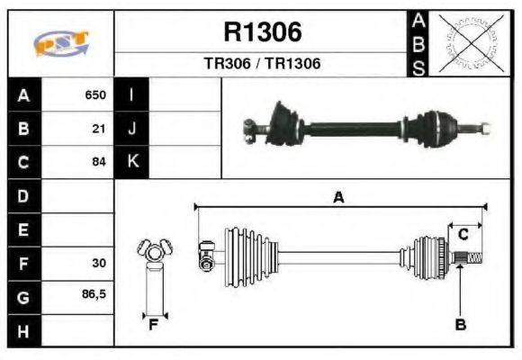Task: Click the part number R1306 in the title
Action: (x=262, y=32)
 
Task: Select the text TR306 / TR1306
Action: (x=262, y=65)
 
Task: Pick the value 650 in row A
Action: (x=95, y=94)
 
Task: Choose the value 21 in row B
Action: (x=99, y=129)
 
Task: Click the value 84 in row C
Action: (x=99, y=163)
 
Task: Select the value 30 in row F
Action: (x=98, y=264)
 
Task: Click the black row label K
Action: (x=132, y=163)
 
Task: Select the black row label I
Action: (x=132, y=94)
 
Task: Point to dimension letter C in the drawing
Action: (x=463, y=235)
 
